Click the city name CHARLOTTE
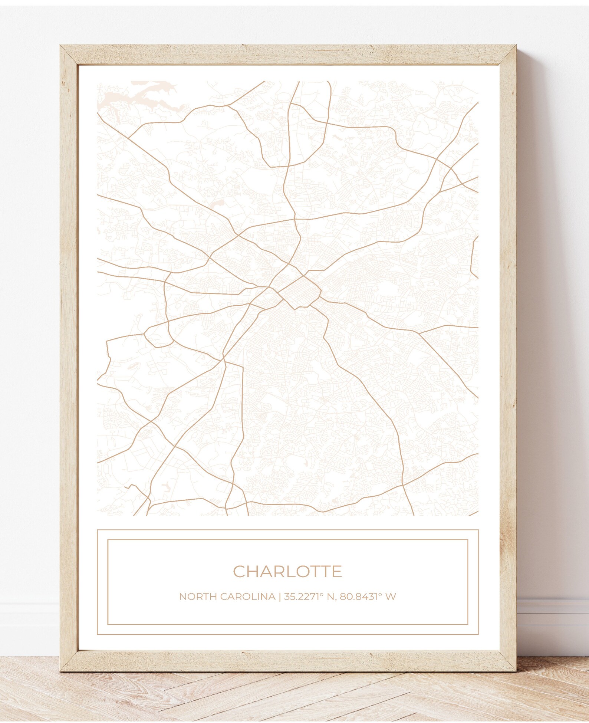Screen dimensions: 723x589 (287, 572)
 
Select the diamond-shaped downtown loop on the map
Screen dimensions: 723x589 (300, 291)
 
